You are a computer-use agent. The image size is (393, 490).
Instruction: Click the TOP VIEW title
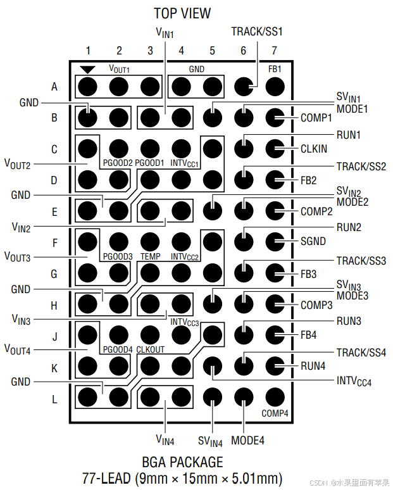click(x=182, y=13)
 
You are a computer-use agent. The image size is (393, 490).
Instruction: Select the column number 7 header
click(x=274, y=51)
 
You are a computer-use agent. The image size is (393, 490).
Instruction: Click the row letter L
click(x=54, y=399)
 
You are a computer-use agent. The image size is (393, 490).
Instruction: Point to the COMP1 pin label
click(x=316, y=118)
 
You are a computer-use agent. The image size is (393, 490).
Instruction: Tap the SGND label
click(x=313, y=242)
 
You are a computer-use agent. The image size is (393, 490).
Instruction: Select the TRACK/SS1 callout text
click(x=256, y=31)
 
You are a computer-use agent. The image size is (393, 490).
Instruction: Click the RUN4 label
click(x=313, y=366)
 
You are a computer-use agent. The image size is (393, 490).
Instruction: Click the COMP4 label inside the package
click(x=275, y=413)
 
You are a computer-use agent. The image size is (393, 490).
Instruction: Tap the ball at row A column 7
click(x=275, y=85)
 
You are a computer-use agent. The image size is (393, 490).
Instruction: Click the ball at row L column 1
click(x=88, y=397)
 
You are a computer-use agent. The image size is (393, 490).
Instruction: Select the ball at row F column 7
click(x=275, y=241)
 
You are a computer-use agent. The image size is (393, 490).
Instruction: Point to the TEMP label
click(x=151, y=256)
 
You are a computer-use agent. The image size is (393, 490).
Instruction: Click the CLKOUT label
click(x=151, y=349)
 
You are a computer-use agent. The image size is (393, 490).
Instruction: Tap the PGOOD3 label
click(x=118, y=256)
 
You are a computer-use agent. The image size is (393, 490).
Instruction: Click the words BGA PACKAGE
click(x=182, y=462)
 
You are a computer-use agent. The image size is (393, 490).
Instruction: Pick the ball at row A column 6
click(x=244, y=85)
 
